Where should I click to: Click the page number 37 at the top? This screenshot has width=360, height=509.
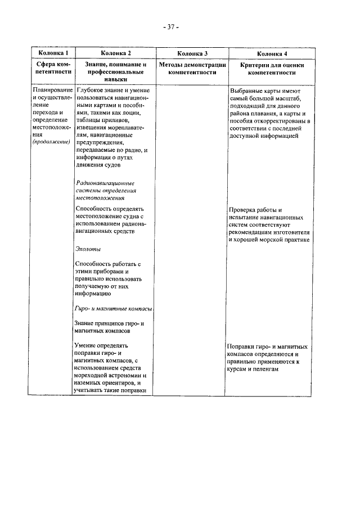[169, 26]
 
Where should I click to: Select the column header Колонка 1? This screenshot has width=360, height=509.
[51, 53]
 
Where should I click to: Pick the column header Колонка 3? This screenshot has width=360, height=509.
[192, 53]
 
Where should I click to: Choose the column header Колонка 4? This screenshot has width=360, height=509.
[272, 53]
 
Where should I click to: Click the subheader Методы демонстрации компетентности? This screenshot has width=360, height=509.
[192, 69]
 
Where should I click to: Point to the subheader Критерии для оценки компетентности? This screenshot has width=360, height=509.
[272, 69]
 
